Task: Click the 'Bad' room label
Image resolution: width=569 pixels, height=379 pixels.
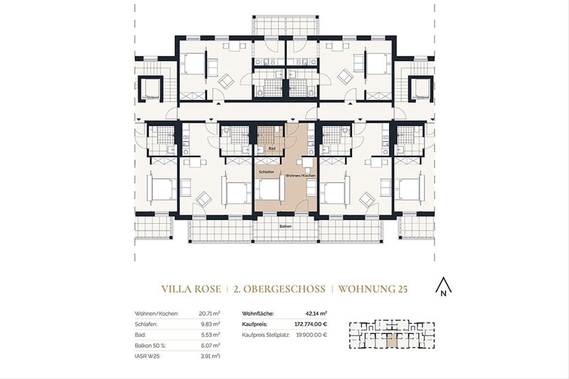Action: click(x=272, y=148)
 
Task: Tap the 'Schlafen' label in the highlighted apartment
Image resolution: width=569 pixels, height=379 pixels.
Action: click(x=266, y=172)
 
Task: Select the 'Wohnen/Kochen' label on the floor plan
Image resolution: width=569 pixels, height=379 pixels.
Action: click(x=300, y=176)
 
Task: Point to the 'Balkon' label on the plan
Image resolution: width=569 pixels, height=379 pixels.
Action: click(x=285, y=226)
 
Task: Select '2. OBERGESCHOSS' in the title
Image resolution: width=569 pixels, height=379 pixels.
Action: click(x=279, y=289)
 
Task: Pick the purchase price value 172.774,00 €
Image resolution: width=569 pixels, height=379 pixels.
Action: click(x=308, y=324)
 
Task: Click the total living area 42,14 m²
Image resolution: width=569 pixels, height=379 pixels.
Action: click(x=317, y=314)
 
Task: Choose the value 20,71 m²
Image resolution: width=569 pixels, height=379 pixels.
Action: click(x=210, y=314)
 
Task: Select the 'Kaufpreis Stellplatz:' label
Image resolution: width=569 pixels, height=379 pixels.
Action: click(x=266, y=334)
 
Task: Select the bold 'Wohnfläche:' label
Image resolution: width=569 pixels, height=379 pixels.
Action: click(x=258, y=314)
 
